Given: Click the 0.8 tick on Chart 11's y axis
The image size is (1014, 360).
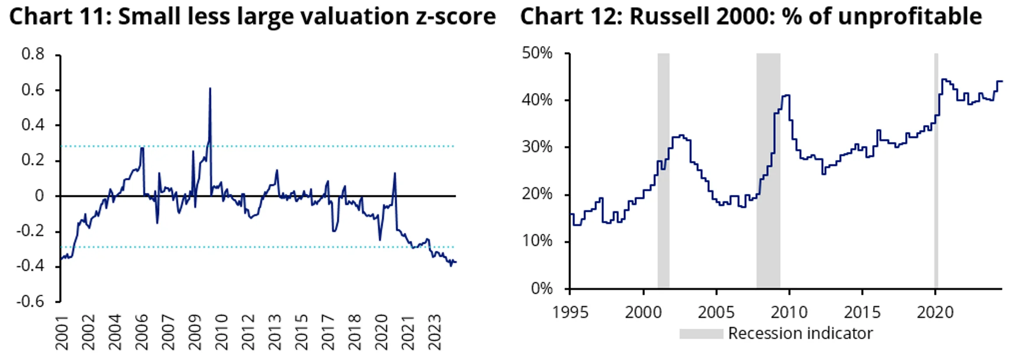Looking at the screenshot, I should [x=33, y=54].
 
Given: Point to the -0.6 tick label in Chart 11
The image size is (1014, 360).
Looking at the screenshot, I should [x=30, y=301].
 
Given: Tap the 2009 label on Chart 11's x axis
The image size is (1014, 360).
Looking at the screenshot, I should [x=194, y=332].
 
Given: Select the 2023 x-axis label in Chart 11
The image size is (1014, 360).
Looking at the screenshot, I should [x=435, y=332].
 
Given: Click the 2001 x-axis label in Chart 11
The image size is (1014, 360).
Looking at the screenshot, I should [x=62, y=332].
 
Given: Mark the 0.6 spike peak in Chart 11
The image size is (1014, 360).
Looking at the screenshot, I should [x=210, y=89].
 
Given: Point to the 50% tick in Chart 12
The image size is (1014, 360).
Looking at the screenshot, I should [x=537, y=53].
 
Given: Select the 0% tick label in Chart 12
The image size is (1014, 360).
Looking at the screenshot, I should [x=542, y=289].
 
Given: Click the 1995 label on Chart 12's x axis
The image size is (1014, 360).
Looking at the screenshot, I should [x=570, y=312].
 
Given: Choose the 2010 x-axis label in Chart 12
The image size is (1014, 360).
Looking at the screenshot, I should [x=789, y=312].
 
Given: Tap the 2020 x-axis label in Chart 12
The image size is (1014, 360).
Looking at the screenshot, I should [x=935, y=312].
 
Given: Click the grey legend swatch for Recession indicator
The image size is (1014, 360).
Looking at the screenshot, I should [x=701, y=334].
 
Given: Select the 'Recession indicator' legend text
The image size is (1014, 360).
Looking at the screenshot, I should [x=800, y=333].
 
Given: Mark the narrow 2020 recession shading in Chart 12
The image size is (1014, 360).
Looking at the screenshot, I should [x=936, y=175].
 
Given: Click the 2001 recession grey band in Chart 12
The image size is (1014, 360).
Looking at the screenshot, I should [x=663, y=175].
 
